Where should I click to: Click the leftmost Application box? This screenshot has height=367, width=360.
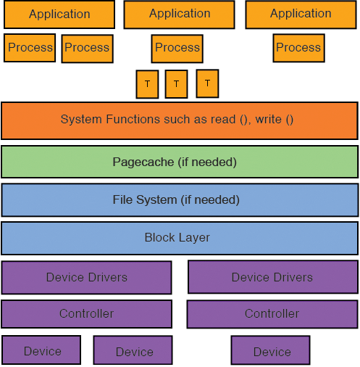point(59,15)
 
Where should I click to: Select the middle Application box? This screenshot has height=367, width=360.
point(179,15)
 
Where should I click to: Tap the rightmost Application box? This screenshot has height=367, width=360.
point(301,15)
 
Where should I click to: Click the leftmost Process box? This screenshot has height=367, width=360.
point(30,48)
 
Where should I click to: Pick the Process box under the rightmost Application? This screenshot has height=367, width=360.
point(299,48)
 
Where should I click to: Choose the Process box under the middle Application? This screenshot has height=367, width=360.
point(177,49)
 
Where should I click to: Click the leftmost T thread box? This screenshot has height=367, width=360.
point(147,84)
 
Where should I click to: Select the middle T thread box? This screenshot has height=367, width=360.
point(176,84)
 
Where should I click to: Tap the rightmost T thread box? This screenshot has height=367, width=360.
point(207,83)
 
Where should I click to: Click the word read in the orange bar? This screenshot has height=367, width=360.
point(223,119)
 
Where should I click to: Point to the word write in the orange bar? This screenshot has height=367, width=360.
point(269,119)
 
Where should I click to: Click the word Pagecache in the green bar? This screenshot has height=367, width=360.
point(143,162)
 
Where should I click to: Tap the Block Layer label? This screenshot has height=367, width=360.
point(177,237)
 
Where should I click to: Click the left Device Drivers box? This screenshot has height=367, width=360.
point(87,277)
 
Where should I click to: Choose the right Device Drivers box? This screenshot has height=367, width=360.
point(273,277)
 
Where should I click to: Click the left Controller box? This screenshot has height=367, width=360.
point(87,314)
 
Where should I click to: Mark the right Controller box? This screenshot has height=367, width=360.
point(272,314)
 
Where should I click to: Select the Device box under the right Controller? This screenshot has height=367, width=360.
point(270,350)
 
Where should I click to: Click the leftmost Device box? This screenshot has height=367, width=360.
point(41,350)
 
